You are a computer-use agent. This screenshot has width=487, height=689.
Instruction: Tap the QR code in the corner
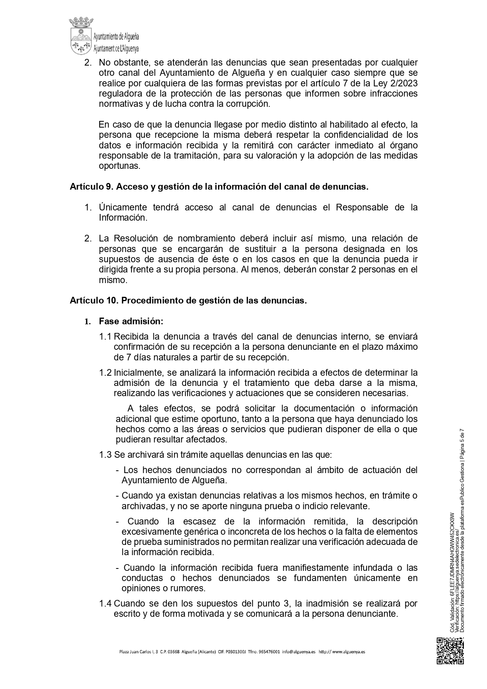451,651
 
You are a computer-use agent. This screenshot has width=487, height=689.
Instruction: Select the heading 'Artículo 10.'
94,301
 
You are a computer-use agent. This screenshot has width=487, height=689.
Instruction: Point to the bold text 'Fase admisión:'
131,321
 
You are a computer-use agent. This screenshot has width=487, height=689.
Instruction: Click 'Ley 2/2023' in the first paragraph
396,83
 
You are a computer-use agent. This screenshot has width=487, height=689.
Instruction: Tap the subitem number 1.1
106,337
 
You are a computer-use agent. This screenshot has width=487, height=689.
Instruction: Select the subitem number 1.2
106,373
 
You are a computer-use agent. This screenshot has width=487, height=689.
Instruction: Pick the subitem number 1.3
106,455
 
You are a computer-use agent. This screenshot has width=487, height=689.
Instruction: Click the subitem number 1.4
106,603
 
